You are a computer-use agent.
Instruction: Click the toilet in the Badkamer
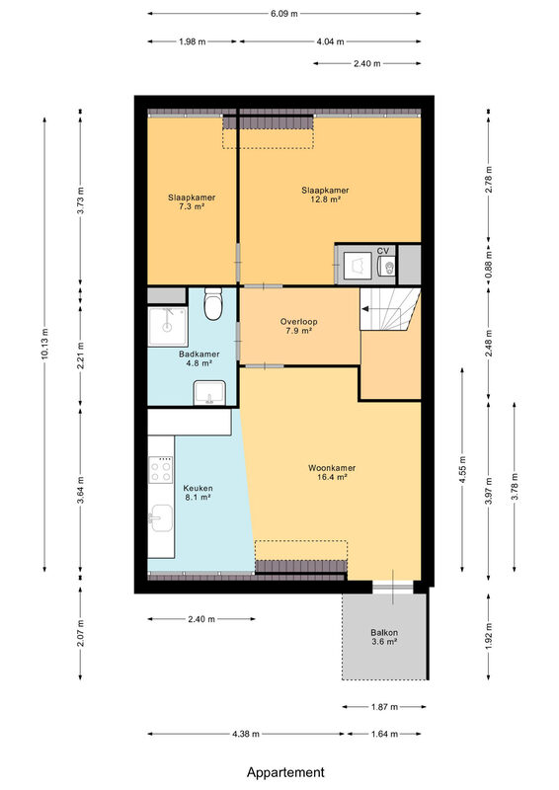213,303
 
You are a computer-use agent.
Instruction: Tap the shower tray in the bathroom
167,327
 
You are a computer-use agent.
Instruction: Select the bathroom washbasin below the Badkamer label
209,392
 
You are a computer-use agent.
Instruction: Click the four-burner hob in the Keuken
161,470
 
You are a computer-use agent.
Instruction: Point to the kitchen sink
161,517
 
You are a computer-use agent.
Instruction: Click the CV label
383,251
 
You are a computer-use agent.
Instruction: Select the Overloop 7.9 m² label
299,326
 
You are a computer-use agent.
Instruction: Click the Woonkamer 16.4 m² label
332,473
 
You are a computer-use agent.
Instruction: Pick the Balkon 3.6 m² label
384,637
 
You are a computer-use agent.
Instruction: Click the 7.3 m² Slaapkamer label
192,202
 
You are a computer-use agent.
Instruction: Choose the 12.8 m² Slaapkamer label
325,195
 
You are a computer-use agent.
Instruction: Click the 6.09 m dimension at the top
283,14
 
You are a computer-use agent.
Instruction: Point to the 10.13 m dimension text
44,345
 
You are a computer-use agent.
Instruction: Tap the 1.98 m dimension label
192,41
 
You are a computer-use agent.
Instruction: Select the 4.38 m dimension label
246,734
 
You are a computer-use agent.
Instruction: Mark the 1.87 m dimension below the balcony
384,707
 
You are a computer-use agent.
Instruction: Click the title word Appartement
285,772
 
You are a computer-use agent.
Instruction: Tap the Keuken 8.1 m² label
198,493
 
